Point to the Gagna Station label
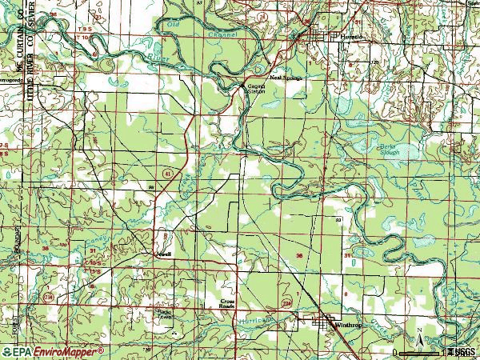(255, 89)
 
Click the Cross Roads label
(229, 304)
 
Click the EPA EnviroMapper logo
(52, 350)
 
